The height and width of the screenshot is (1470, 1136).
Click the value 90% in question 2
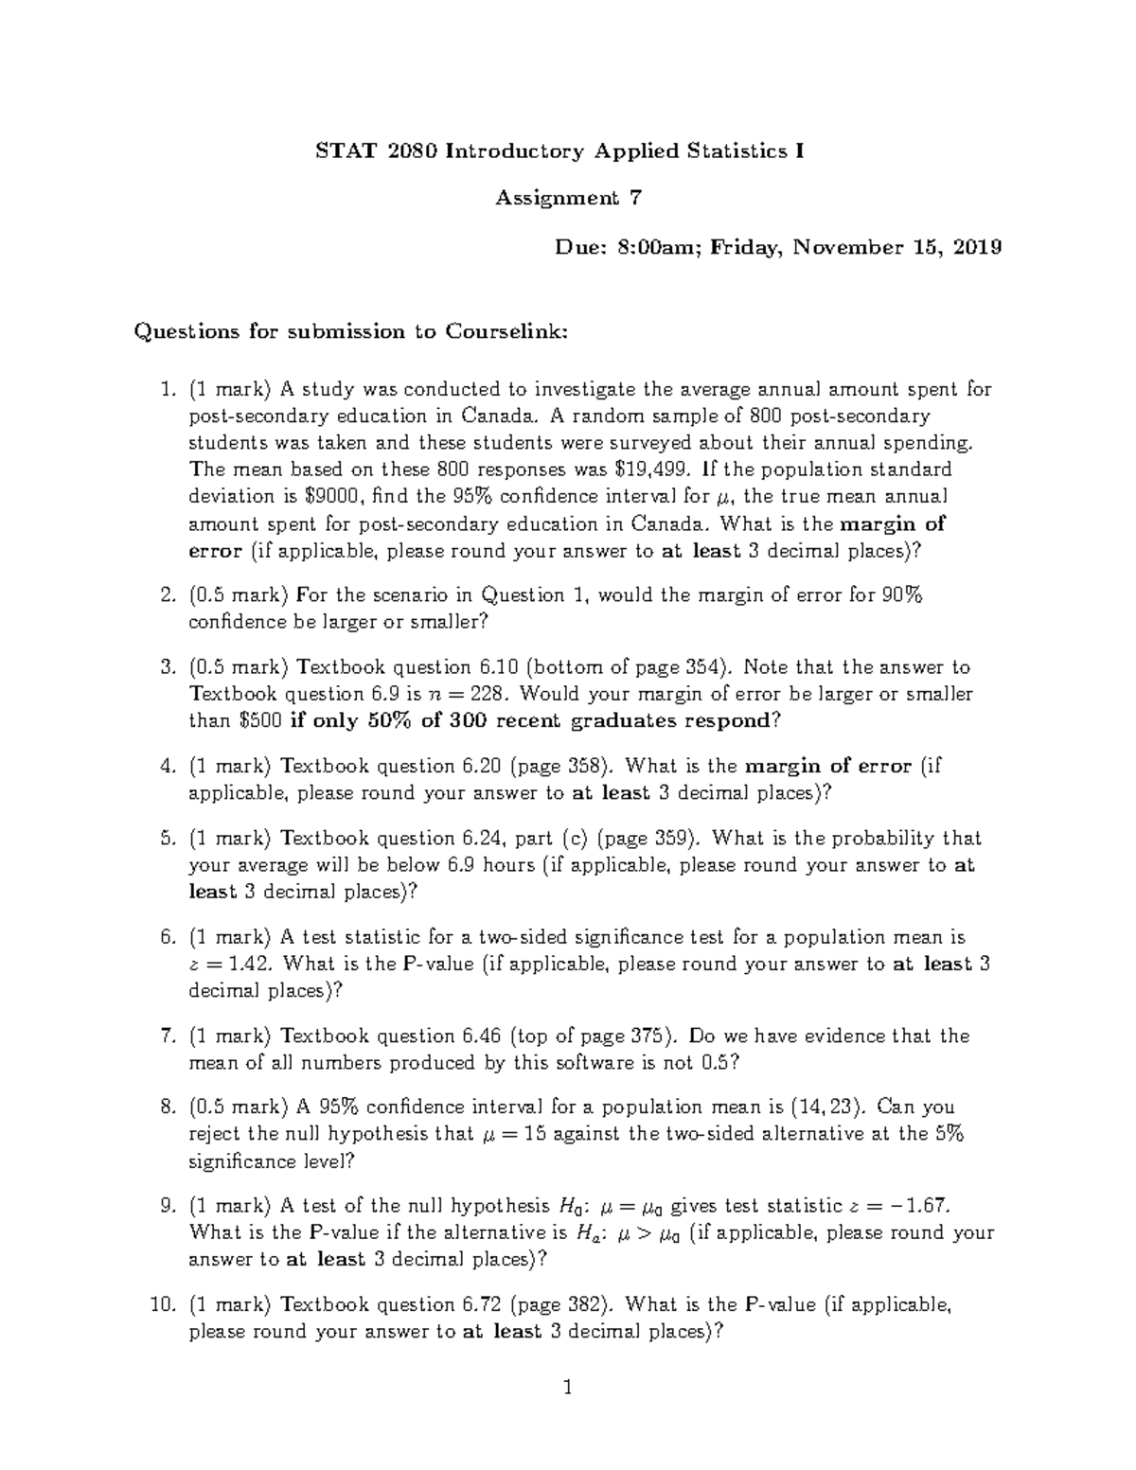[x=902, y=595]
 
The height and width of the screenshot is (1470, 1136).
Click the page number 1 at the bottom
[x=568, y=1389]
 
